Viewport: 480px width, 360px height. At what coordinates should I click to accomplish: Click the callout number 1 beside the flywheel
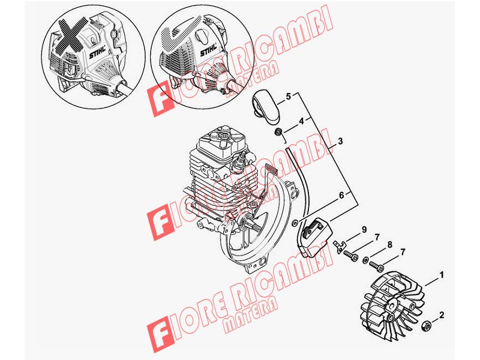[442, 275]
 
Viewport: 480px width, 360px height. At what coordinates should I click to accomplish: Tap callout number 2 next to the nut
[442, 314]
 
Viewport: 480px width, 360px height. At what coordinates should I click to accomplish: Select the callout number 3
[340, 141]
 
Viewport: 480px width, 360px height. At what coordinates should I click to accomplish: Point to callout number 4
[301, 121]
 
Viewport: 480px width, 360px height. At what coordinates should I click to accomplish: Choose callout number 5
[289, 97]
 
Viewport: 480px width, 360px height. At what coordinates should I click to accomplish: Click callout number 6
[341, 194]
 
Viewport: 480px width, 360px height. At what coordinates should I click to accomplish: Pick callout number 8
[389, 245]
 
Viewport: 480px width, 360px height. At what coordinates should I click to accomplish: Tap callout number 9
[364, 229]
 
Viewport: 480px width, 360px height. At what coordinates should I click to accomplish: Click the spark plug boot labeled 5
[266, 107]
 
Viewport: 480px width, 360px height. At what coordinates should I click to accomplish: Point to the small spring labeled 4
[279, 133]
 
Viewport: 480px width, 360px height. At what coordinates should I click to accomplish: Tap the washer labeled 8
[365, 260]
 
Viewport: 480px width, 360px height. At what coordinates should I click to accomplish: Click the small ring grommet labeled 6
[295, 221]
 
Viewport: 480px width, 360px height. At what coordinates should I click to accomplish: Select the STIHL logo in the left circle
[98, 52]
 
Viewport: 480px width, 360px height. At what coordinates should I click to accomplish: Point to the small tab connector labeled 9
[339, 246]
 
